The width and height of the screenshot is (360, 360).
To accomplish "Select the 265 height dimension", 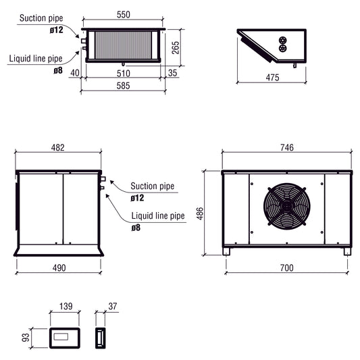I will (176, 47).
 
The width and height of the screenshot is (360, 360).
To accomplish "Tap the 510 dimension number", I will (122, 73).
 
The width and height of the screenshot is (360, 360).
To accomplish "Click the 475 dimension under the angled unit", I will (272, 78).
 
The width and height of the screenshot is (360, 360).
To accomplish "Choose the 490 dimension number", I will (59, 268).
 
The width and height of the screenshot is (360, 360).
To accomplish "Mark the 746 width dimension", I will (287, 149).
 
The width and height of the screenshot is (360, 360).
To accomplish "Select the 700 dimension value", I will (287, 268).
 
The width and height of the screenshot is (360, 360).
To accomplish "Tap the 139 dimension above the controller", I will (65, 307).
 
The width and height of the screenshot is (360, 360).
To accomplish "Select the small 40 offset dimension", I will (75, 73).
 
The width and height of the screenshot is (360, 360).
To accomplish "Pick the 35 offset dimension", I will (172, 73).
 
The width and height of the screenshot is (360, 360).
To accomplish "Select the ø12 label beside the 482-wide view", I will (137, 198).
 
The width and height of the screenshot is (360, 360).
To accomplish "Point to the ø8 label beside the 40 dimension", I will (59, 70).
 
